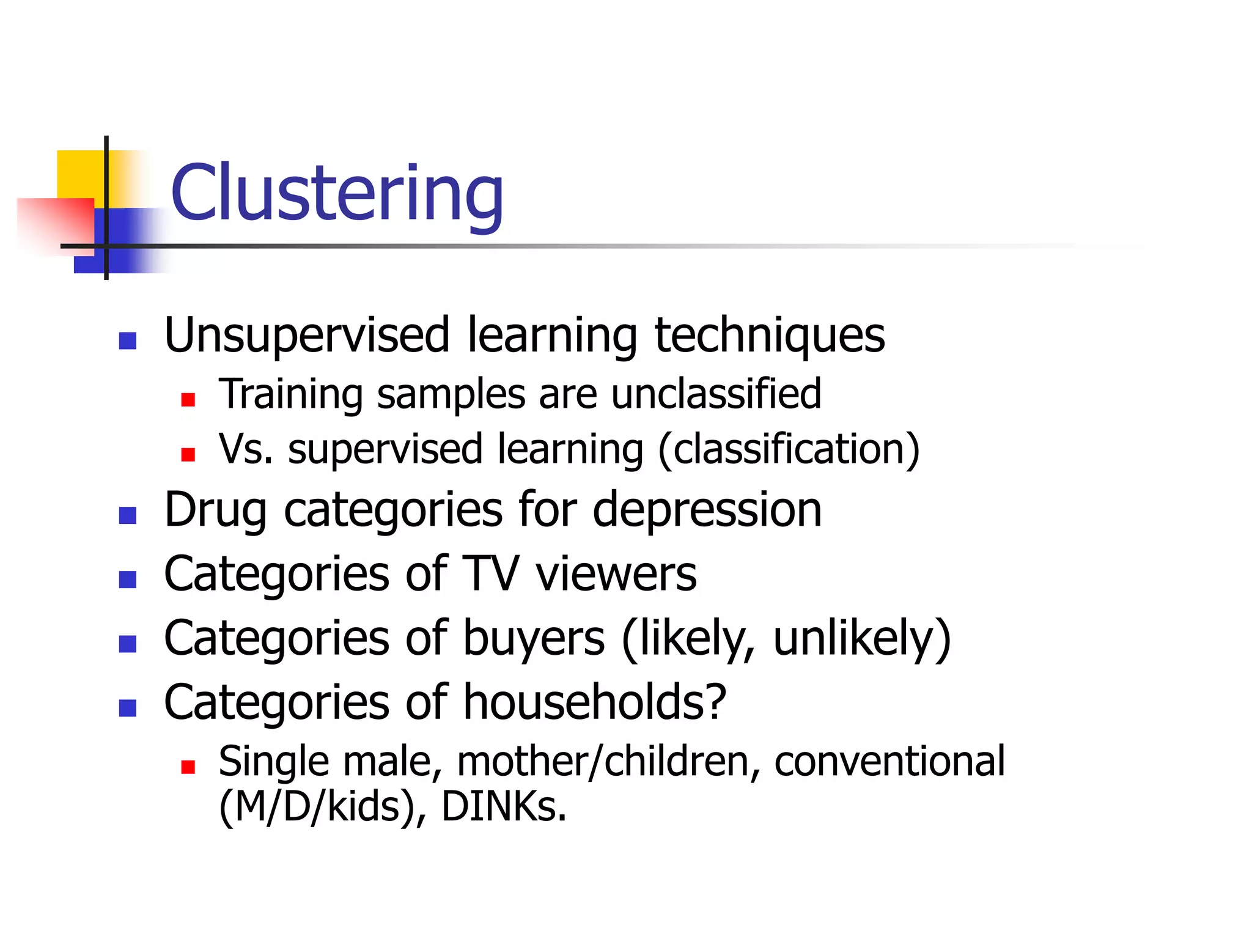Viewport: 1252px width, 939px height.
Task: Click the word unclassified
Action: [x=716, y=394]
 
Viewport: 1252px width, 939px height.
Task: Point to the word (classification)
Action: [x=789, y=449]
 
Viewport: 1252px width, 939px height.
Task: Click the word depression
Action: [x=707, y=510]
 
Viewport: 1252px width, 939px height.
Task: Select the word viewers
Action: [x=616, y=574]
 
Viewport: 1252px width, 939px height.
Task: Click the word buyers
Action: [x=534, y=638]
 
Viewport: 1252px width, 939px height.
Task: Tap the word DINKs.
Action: [x=504, y=806]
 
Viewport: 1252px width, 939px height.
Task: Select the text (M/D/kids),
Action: [x=323, y=806]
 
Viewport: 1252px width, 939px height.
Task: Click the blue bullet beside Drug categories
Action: [x=127, y=515]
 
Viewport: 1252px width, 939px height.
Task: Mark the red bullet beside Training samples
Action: [x=188, y=400]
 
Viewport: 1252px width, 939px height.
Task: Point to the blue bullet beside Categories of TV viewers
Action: [x=127, y=579]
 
